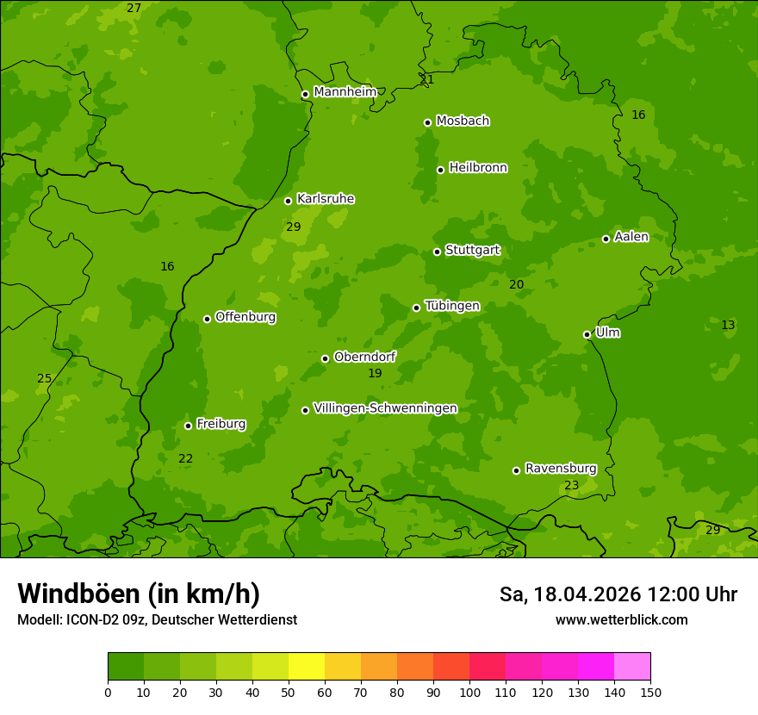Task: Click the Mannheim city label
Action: [x=345, y=92]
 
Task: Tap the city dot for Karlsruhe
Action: [x=288, y=201]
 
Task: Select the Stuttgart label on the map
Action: [x=472, y=250]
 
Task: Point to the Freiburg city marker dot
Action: [x=188, y=426]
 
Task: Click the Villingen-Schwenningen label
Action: [x=385, y=408]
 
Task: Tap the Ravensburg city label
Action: [x=560, y=469]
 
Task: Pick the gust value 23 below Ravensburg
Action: [x=571, y=486]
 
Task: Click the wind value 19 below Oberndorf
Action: [x=375, y=373]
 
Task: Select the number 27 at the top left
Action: [x=134, y=8]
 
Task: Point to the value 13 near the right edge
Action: [x=728, y=325]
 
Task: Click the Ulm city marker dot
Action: [x=587, y=334]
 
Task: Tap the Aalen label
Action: [x=631, y=237]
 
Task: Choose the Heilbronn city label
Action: [x=477, y=168]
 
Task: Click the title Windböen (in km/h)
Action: [x=139, y=594]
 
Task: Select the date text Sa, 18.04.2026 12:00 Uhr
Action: [x=618, y=594]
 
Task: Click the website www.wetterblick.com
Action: [x=621, y=619]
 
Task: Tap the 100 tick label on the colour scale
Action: [x=469, y=692]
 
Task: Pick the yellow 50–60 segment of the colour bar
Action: [x=307, y=667]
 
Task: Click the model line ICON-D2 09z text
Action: [x=157, y=619]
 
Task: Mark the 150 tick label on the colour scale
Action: [x=650, y=692]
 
